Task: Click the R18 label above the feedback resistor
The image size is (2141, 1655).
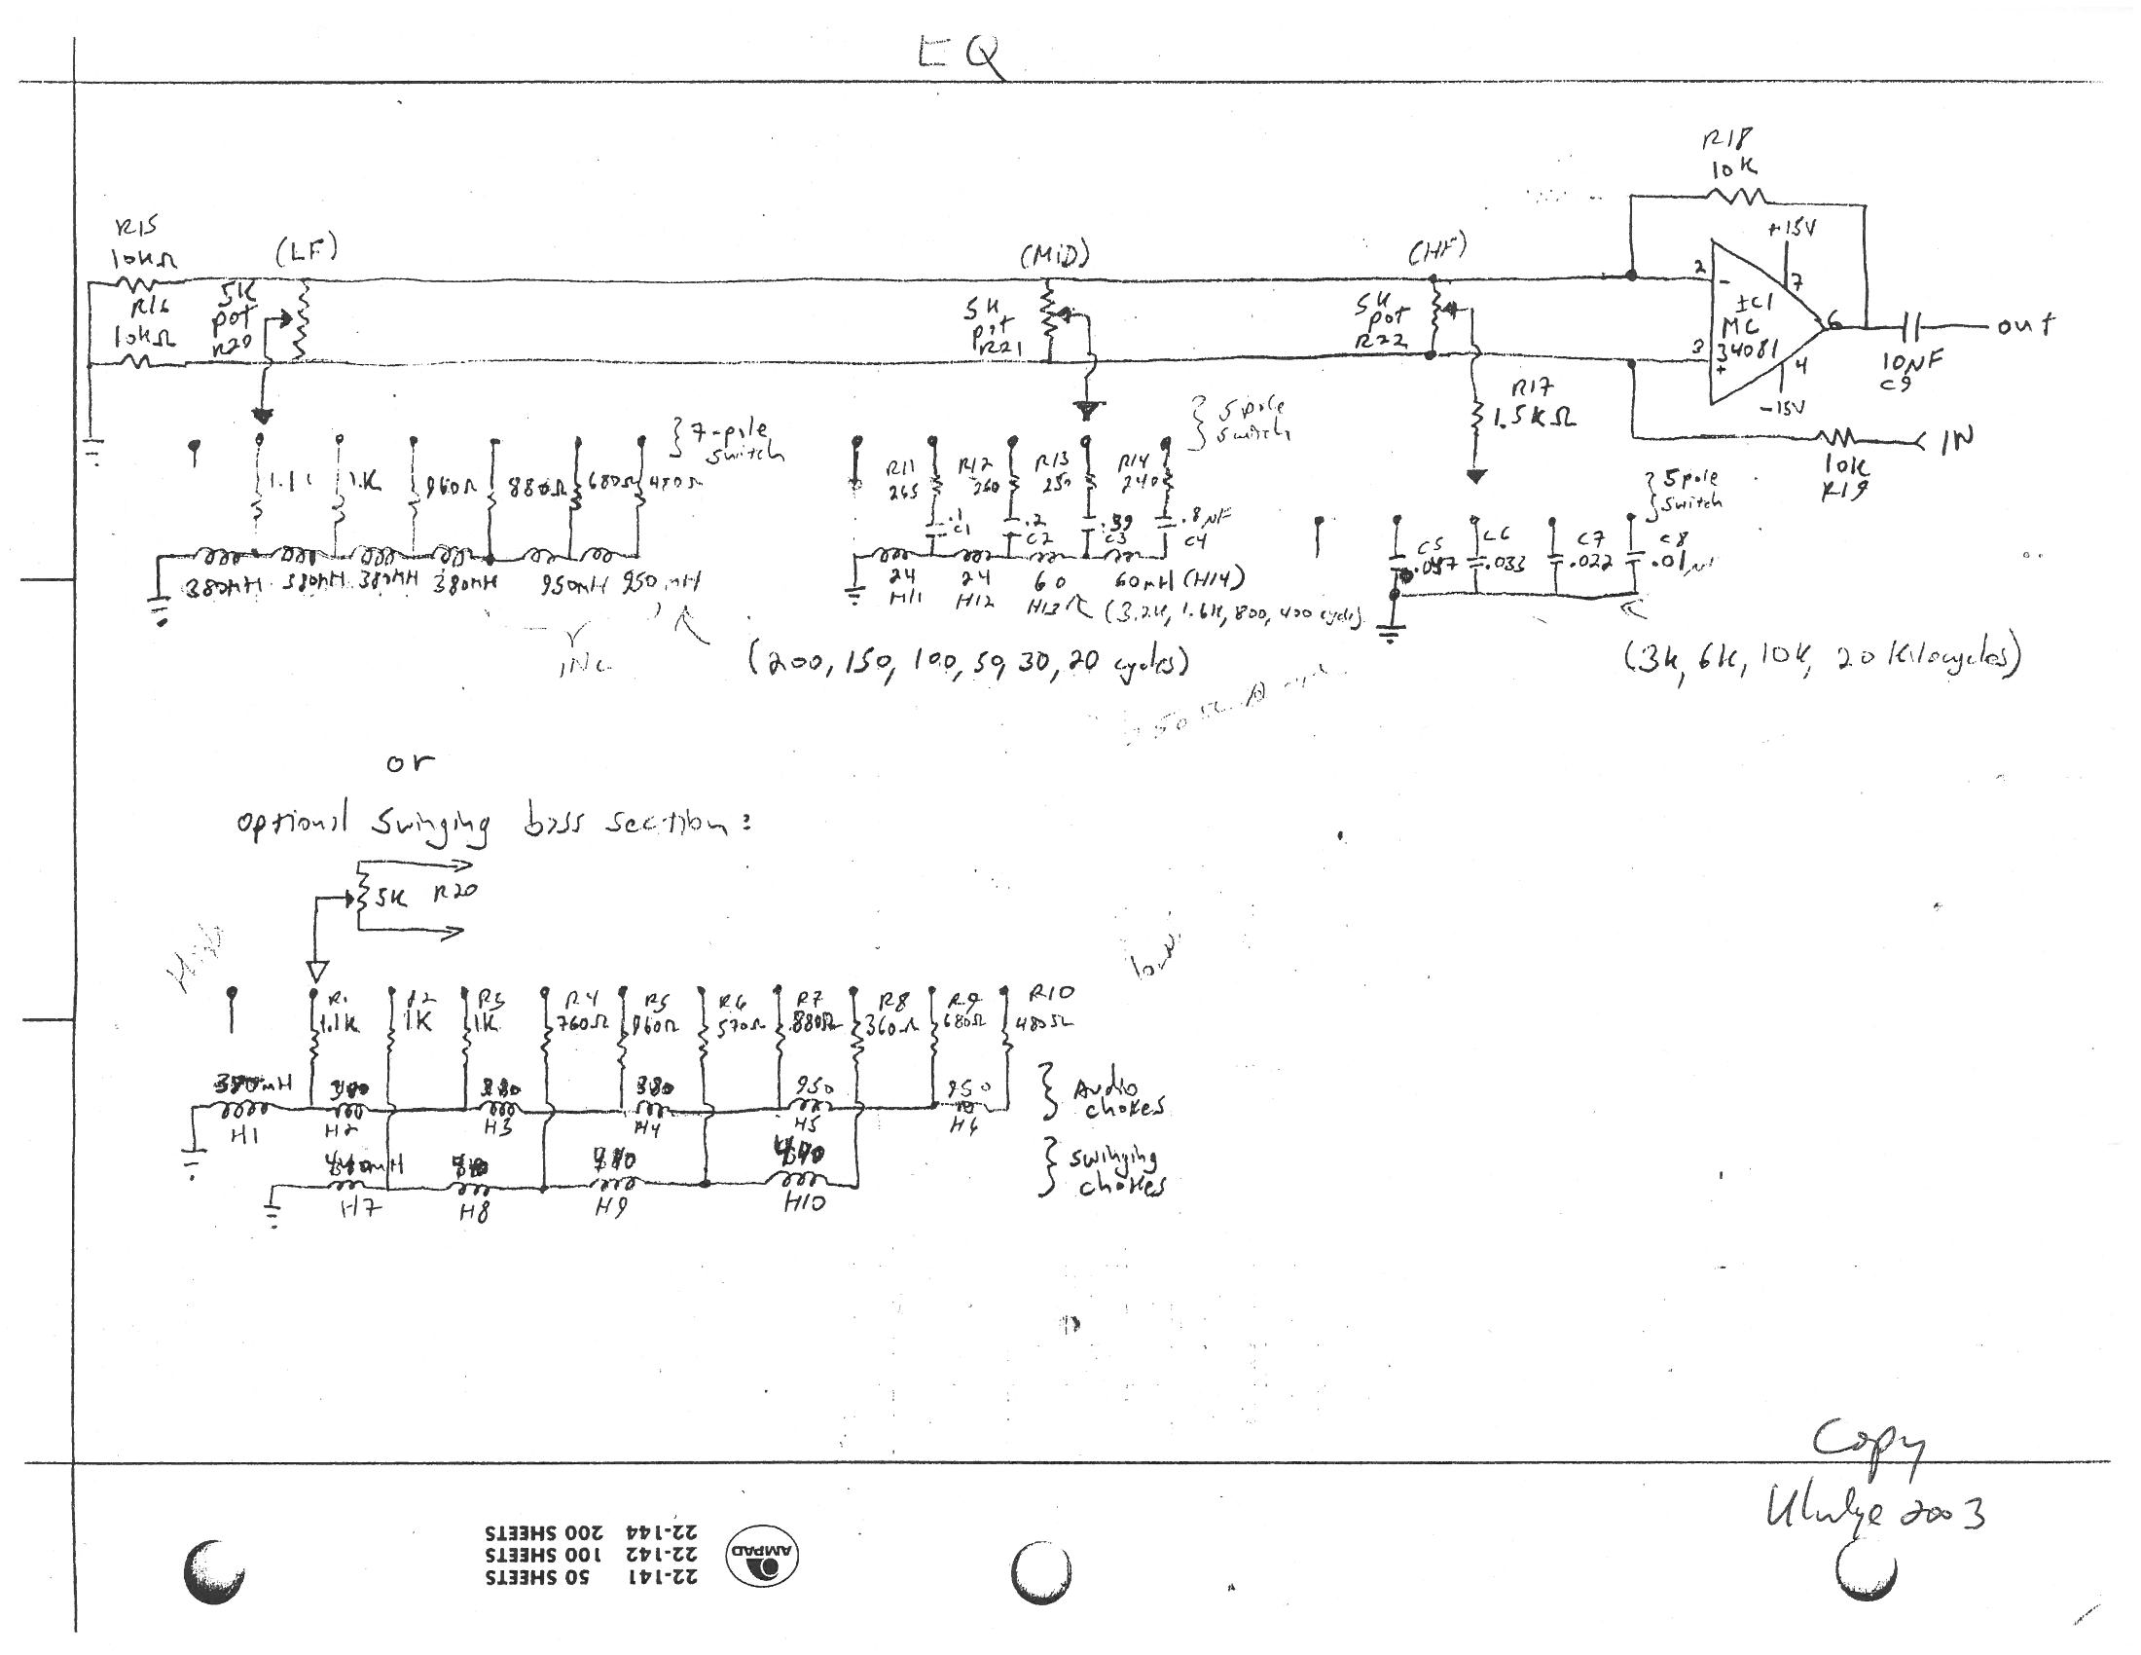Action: click(1725, 140)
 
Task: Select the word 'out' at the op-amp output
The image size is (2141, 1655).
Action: click(2025, 325)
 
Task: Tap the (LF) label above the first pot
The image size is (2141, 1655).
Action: click(307, 251)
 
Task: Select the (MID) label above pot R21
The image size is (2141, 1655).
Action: click(1054, 257)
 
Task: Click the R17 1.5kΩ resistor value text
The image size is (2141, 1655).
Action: click(1534, 417)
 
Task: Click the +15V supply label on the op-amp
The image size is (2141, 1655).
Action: click(1792, 228)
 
